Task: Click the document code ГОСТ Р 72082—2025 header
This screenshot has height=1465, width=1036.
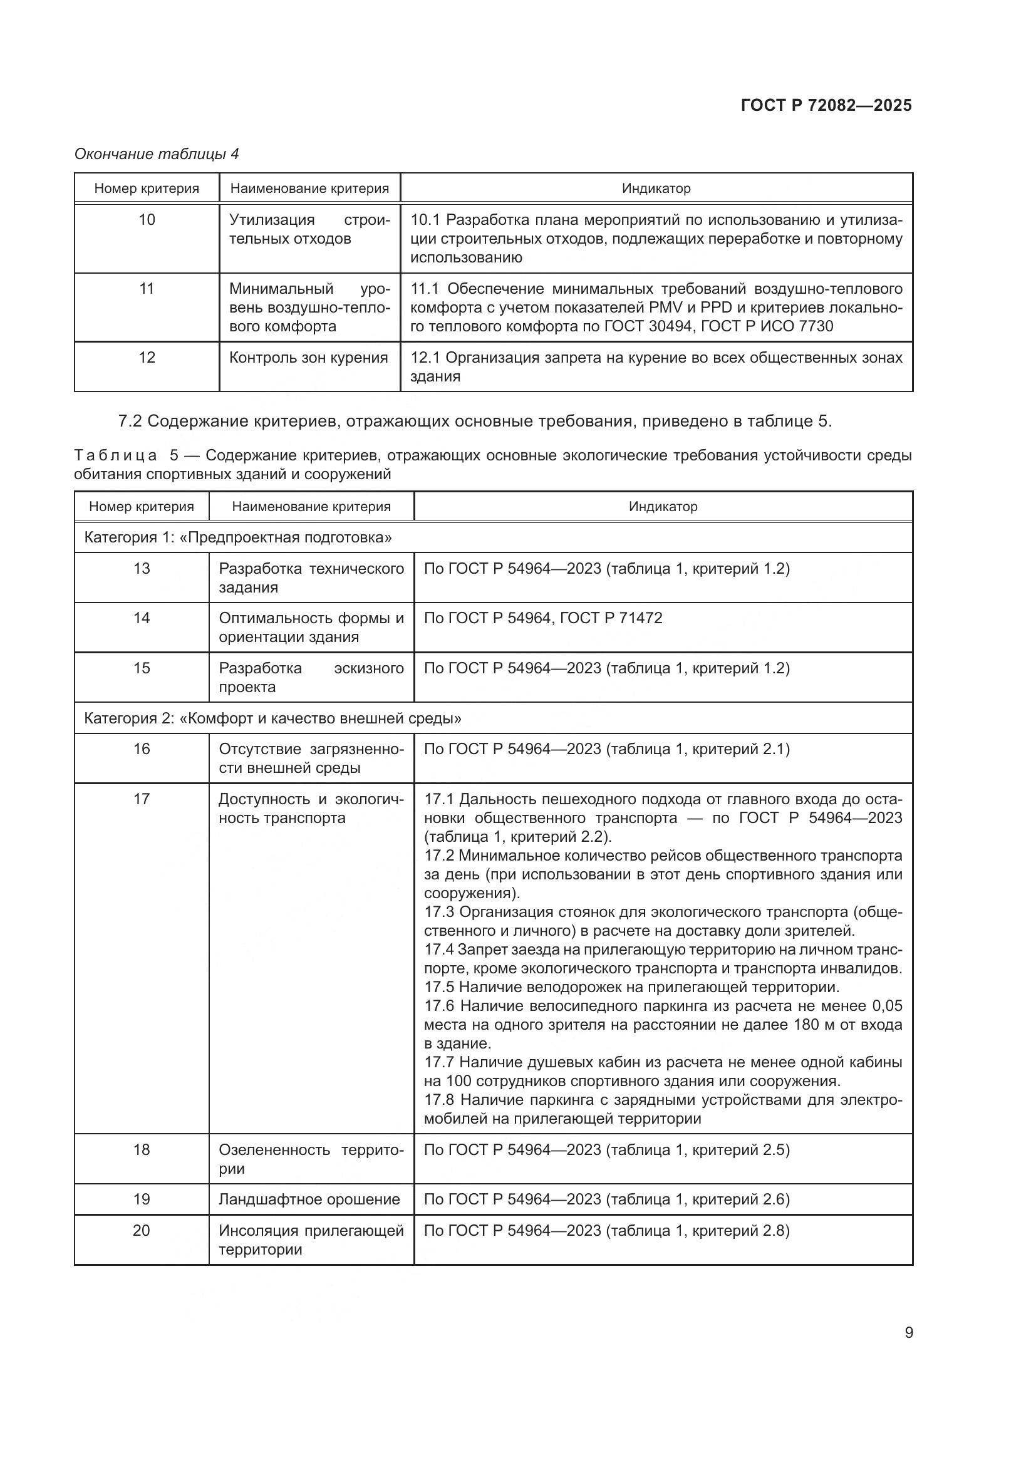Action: click(x=826, y=105)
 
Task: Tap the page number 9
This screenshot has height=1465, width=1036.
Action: click(x=909, y=1332)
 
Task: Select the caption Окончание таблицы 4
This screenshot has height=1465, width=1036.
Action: click(x=157, y=154)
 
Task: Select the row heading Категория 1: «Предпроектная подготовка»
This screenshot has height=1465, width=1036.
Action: click(x=238, y=537)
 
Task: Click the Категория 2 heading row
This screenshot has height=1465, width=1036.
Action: click(x=272, y=718)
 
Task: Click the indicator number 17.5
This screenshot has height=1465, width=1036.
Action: click(x=439, y=987)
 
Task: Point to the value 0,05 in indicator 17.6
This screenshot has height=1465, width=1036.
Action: click(x=887, y=1007)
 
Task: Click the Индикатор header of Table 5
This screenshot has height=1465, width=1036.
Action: click(x=663, y=507)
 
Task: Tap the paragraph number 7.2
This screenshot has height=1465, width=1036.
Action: click(x=131, y=421)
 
